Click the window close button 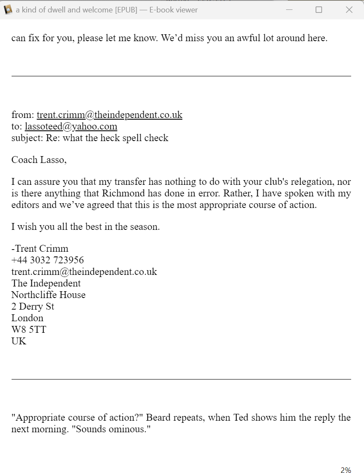(349, 9)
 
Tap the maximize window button (319, 9)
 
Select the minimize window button (289, 9)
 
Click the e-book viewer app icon (8, 9)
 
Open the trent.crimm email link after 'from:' (109, 115)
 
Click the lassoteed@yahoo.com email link (71, 127)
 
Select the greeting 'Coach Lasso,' (39, 160)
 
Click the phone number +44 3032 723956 (48, 260)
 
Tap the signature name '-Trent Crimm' (40, 249)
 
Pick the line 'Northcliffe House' (48, 295)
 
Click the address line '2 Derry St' (33, 307)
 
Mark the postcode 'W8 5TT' (29, 330)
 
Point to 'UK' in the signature (19, 341)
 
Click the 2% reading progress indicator (346, 470)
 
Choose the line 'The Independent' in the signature (46, 283)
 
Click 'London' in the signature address (27, 318)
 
